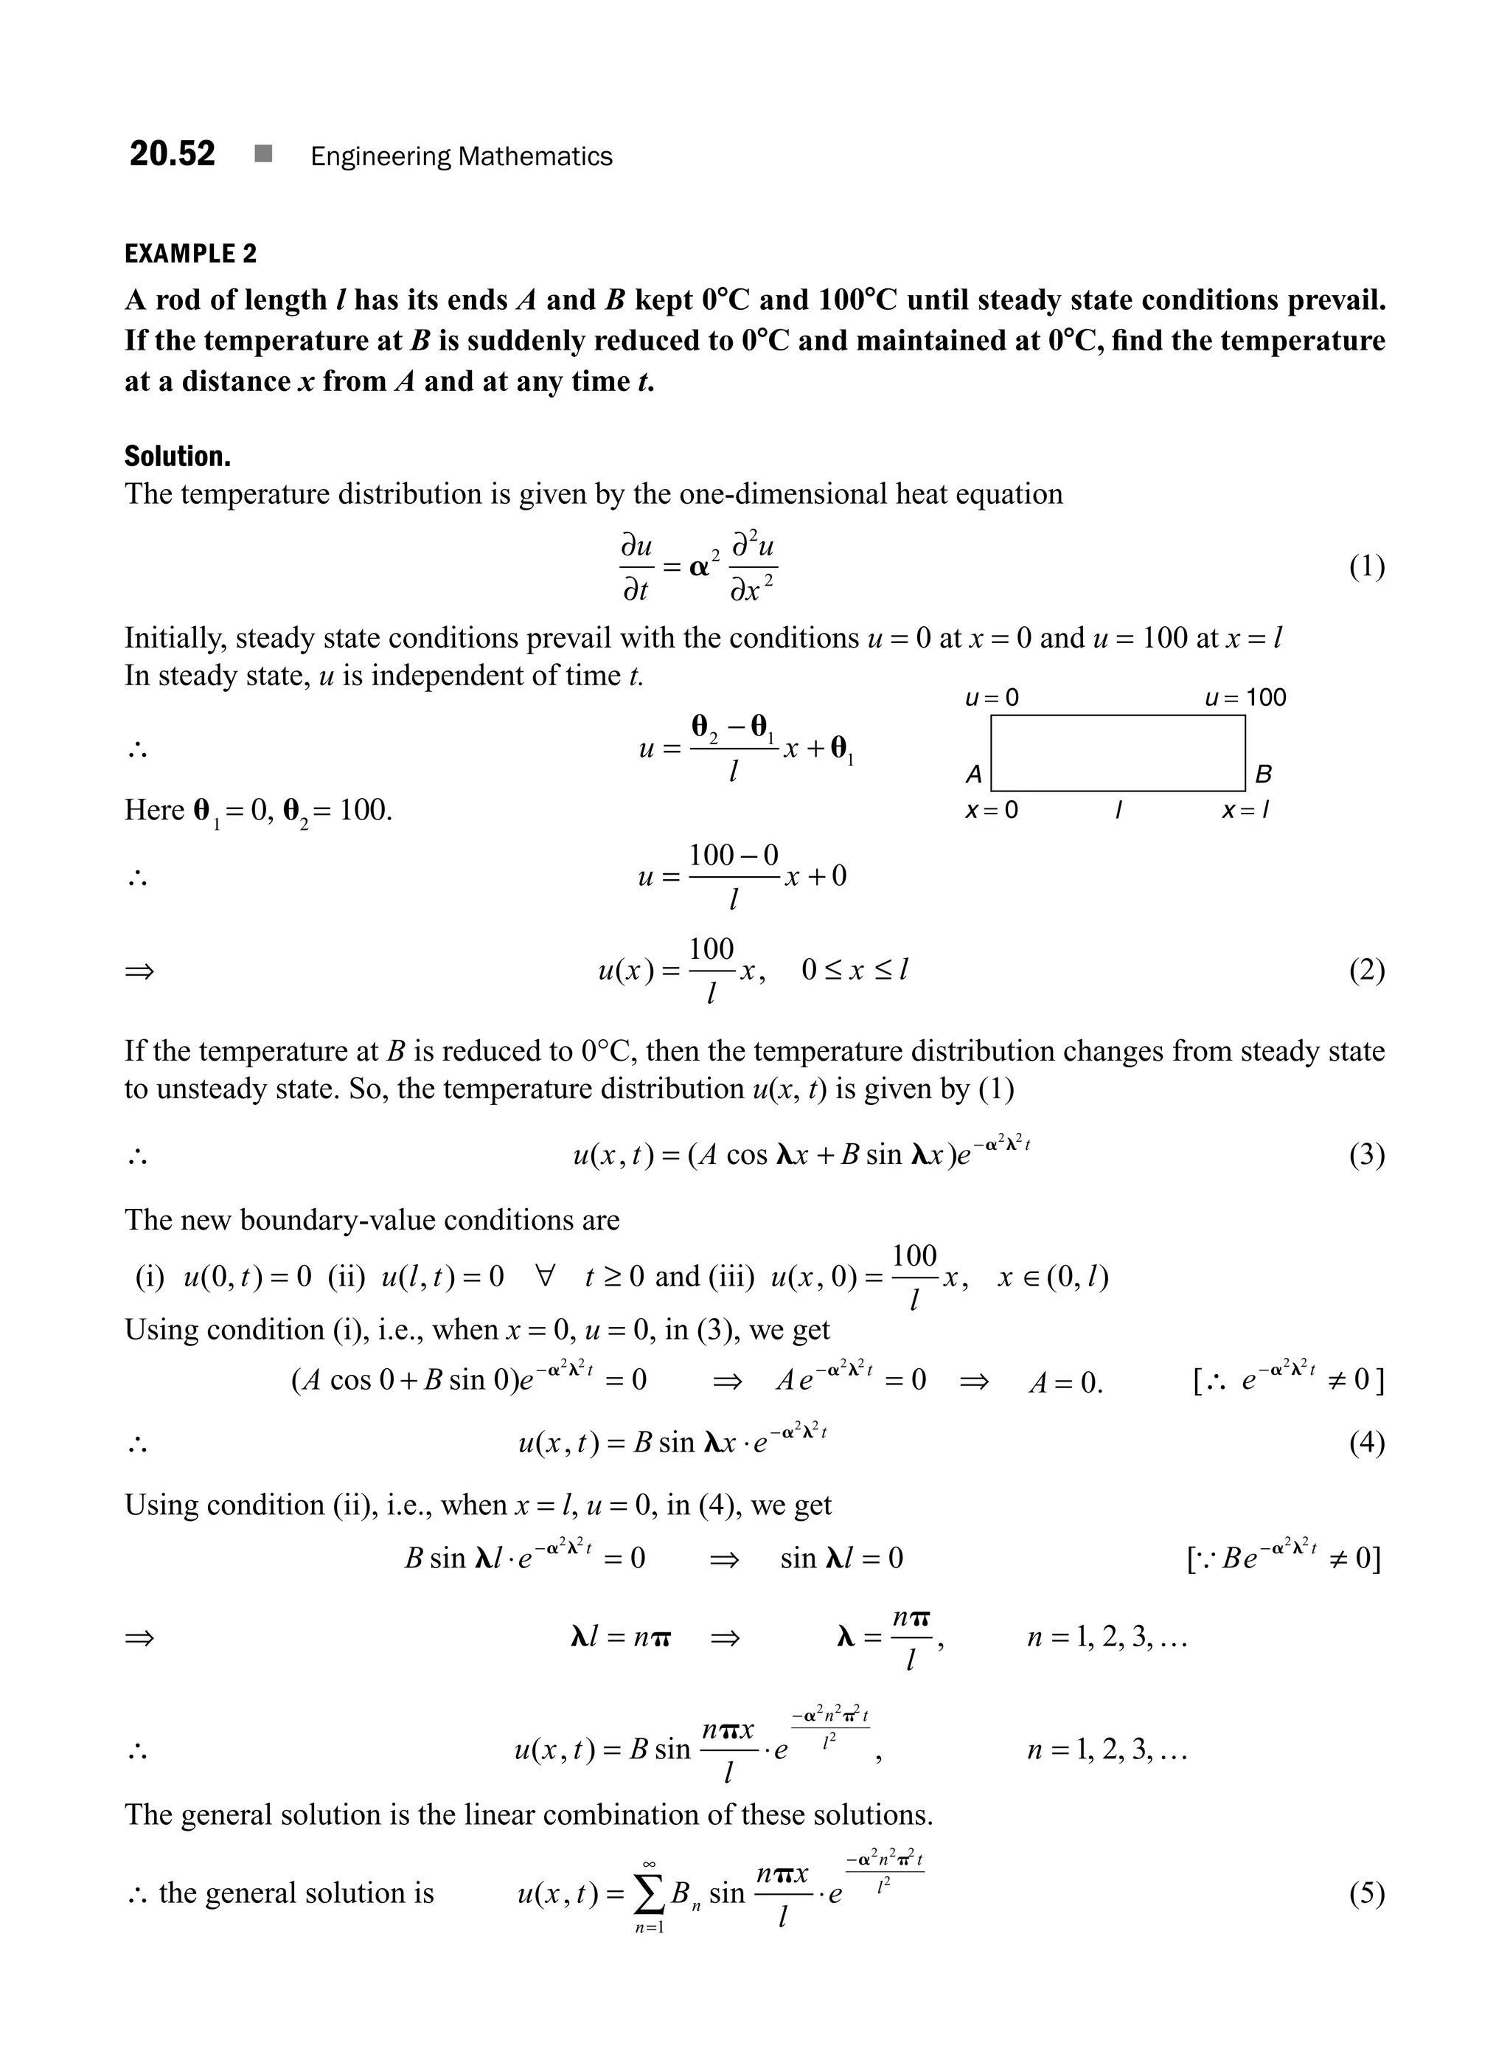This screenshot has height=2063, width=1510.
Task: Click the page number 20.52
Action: (x=172, y=153)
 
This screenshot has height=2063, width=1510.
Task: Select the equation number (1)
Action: (x=1366, y=567)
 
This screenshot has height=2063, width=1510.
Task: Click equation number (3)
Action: (x=1366, y=1155)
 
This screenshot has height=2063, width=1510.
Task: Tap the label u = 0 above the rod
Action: (x=992, y=698)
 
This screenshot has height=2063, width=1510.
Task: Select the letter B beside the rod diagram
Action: (x=1263, y=774)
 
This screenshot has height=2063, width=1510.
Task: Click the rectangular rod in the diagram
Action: (x=1117, y=752)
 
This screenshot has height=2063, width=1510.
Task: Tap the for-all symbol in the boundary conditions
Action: (x=544, y=1276)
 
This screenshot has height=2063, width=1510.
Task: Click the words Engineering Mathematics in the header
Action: (x=461, y=156)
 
